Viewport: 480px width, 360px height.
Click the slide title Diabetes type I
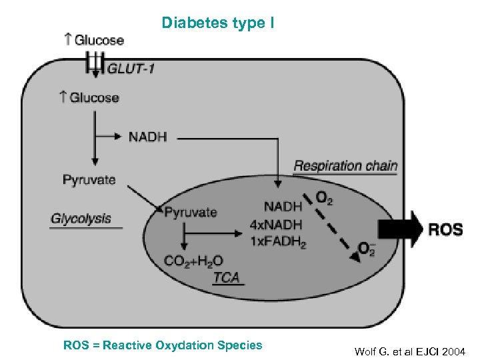(x=217, y=23)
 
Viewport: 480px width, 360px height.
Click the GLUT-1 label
(x=131, y=68)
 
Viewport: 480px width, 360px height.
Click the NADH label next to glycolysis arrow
(x=147, y=137)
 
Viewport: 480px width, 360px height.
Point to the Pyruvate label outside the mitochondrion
(x=89, y=179)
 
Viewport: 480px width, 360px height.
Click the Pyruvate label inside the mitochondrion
(x=191, y=213)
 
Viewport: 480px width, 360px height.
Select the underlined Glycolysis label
(x=81, y=219)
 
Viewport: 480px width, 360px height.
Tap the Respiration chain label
(x=345, y=165)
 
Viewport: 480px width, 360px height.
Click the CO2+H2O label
(x=193, y=261)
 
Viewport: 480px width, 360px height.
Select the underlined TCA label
(x=227, y=277)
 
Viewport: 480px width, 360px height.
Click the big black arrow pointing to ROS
(x=400, y=229)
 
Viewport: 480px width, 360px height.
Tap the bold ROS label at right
(x=445, y=230)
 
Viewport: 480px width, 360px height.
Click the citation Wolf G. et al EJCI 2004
(x=410, y=351)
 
